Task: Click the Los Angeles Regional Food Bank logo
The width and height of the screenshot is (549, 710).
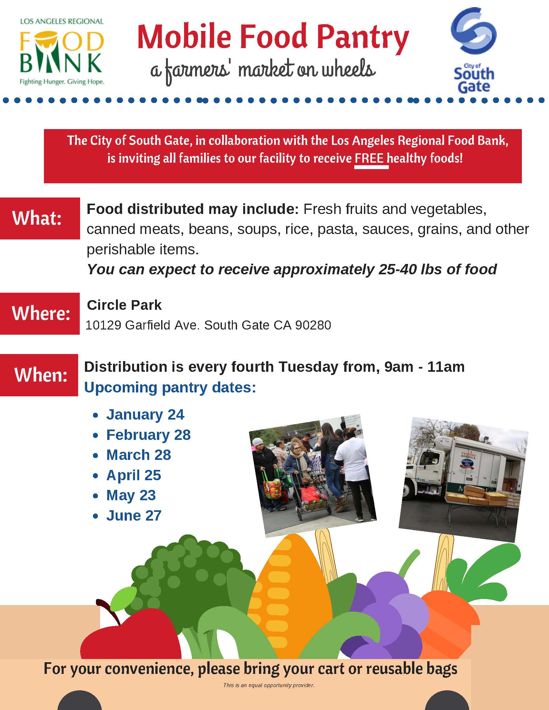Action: [62, 52]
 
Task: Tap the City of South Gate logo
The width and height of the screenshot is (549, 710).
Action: [474, 50]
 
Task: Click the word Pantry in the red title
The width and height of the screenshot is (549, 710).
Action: [359, 37]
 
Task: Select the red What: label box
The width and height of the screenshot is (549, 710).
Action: [40, 218]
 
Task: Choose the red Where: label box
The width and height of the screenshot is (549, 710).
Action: [40, 313]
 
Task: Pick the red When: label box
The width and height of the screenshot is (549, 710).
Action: [39, 375]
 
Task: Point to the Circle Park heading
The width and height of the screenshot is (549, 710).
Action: [124, 305]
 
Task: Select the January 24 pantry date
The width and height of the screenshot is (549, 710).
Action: [145, 414]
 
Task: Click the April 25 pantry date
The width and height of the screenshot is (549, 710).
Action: [134, 475]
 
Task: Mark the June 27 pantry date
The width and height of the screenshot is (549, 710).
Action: [134, 516]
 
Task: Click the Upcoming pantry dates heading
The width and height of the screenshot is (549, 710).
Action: [170, 388]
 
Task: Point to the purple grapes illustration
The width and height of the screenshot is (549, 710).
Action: [385, 626]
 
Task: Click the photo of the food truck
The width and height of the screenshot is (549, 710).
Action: [463, 480]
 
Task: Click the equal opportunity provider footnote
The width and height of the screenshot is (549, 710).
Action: [269, 685]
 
